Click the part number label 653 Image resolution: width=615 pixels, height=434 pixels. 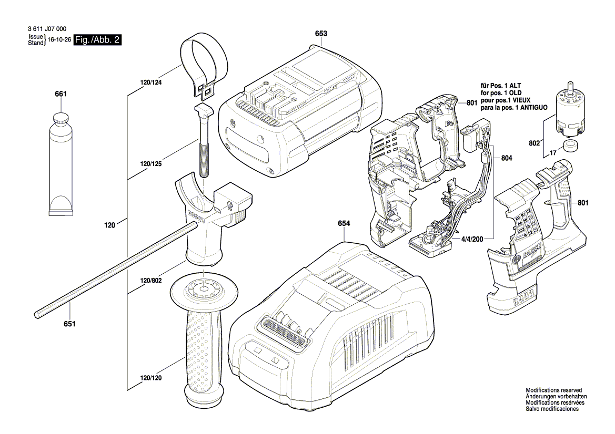tap(321, 34)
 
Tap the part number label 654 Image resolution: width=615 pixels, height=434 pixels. tap(343, 223)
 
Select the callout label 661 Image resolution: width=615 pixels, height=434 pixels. tap(61, 94)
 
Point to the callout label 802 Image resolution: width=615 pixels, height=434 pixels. tap(535, 143)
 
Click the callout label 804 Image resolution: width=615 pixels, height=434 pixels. tap(507, 158)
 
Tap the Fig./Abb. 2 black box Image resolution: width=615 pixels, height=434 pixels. tap(98, 40)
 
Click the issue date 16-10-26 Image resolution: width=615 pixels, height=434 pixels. tap(59, 40)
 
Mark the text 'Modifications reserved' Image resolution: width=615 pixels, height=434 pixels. tap(553, 390)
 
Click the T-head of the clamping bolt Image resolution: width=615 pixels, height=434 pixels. tap(204, 111)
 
